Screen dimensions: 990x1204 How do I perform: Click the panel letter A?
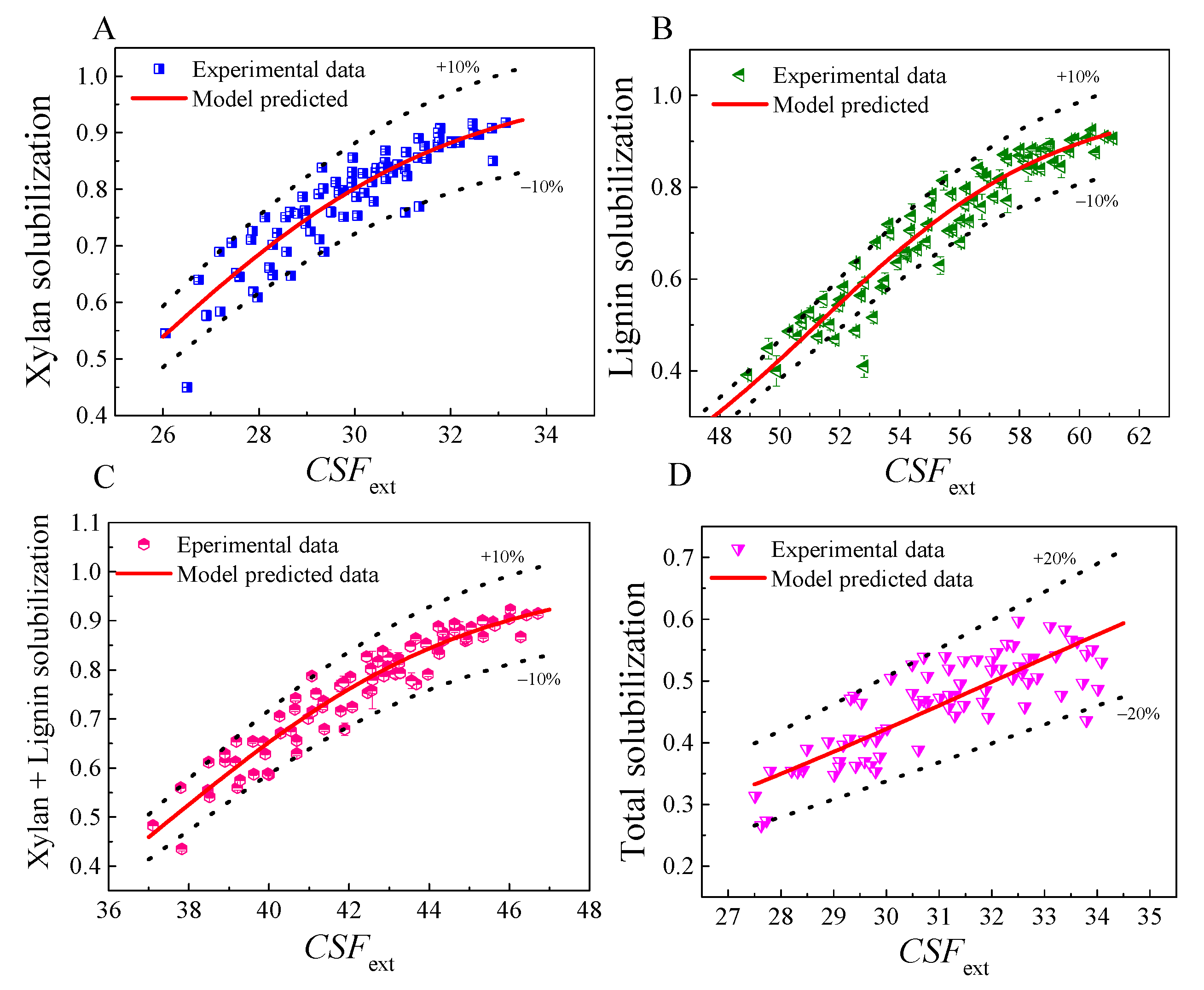(104, 29)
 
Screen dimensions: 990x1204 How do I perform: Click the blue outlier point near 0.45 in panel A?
(187, 387)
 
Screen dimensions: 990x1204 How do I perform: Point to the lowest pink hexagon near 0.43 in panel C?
(181, 849)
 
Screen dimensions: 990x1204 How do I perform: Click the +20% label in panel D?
(1054, 558)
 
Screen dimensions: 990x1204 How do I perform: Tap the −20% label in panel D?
(1138, 714)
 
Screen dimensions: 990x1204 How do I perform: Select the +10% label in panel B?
(1077, 77)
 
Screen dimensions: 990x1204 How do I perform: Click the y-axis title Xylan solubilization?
(39, 241)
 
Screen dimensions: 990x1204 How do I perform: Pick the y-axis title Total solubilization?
(633, 721)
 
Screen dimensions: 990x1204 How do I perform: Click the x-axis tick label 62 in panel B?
(1139, 437)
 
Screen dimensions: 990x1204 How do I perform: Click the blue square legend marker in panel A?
(159, 69)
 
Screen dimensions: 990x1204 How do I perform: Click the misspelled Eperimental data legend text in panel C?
(257, 545)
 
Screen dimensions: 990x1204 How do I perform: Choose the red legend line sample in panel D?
(737, 578)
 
